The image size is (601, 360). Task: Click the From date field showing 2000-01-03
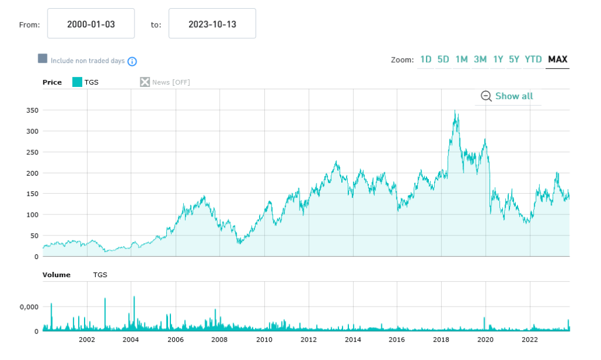90,23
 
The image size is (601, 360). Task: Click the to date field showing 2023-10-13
212,23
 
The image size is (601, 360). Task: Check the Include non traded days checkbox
42,59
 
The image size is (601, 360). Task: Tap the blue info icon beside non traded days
132,61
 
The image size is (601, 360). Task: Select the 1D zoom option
425,59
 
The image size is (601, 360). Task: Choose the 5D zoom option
443,59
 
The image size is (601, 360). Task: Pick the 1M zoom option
461,59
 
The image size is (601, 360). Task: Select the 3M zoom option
480,59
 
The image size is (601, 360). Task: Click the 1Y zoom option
498,59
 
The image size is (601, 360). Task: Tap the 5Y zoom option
514,59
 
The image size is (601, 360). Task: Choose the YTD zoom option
533,59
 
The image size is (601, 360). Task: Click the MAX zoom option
557,59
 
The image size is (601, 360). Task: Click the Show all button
508,96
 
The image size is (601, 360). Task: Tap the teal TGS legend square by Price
77,82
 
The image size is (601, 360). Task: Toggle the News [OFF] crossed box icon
145,82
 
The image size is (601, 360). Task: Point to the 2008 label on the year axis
219,339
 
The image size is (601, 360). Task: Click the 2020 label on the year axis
485,339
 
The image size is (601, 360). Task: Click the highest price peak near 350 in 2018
455,111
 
